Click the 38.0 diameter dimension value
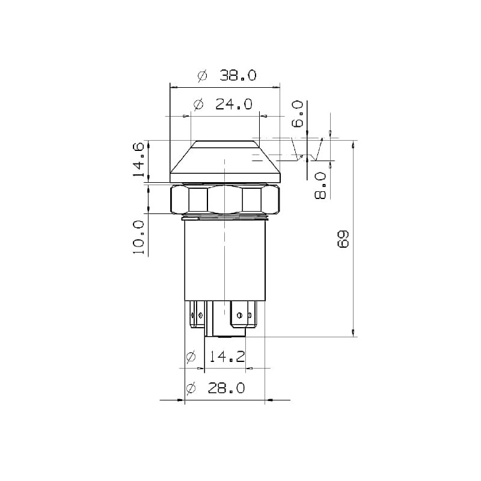237,76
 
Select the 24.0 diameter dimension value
234,104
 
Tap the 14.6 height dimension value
139,159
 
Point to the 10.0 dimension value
139,237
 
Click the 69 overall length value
343,239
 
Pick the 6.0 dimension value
297,114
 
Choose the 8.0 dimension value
320,186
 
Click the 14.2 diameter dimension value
227,357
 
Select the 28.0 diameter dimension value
227,388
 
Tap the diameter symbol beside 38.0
203,76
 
